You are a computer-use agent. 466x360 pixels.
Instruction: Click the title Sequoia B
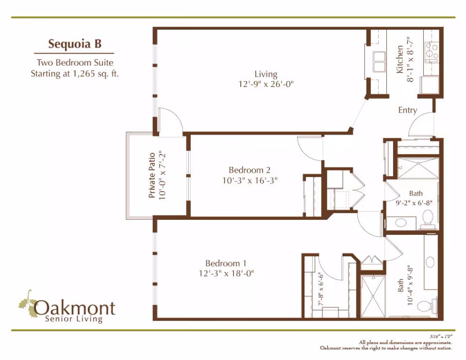[x=74, y=44]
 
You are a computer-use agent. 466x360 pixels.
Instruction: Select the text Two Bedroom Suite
[x=75, y=63]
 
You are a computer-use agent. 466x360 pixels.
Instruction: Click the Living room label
[x=266, y=74]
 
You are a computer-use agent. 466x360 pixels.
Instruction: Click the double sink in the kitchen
[x=378, y=62]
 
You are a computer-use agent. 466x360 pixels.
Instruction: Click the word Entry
[x=407, y=110]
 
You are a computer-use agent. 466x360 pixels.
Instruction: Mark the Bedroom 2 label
[x=250, y=170]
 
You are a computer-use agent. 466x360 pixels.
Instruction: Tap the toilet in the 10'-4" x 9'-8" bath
[x=427, y=307]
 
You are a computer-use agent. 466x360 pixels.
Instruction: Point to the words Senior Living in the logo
[x=73, y=319]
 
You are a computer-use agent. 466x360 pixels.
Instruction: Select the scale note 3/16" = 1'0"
[x=441, y=336]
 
